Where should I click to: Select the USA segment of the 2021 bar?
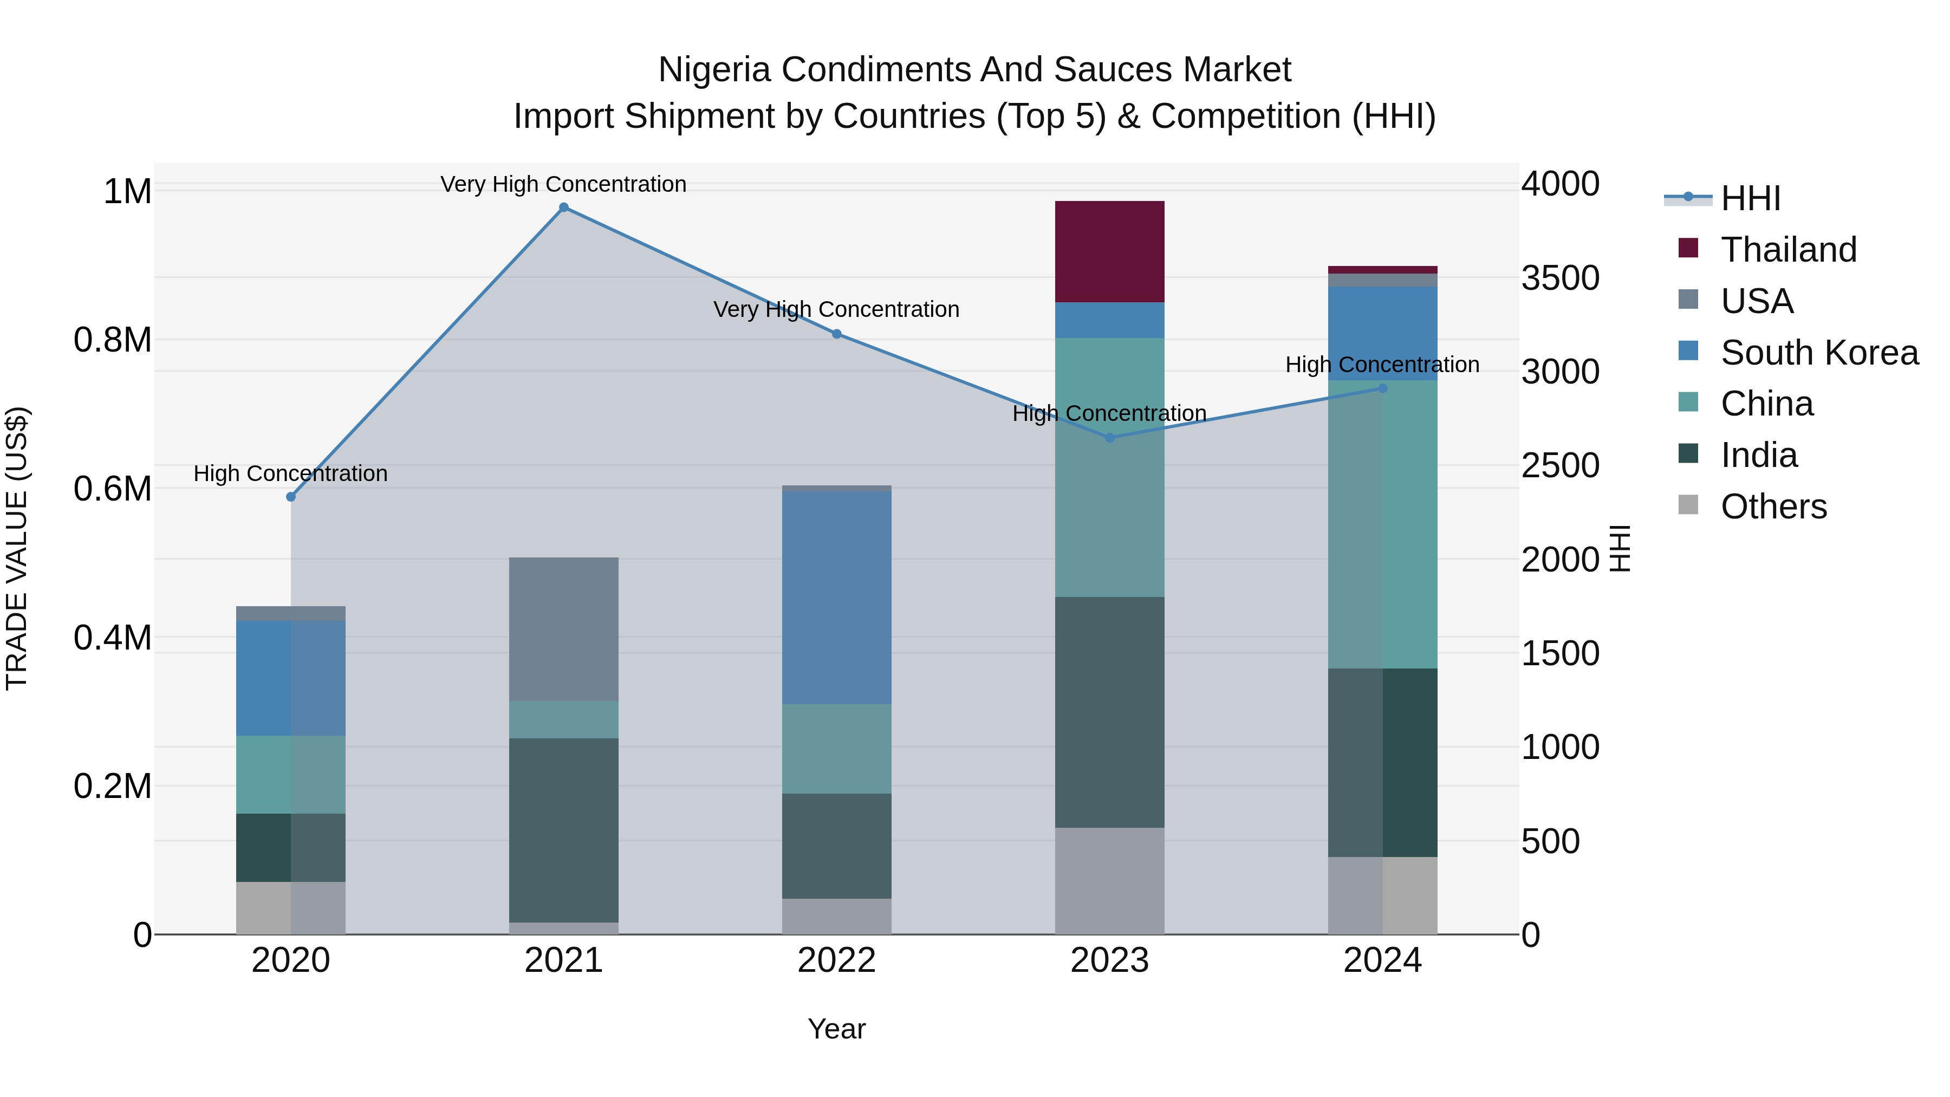click(563, 628)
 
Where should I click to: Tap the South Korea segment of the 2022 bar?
click(836, 598)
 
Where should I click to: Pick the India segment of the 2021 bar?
click(563, 830)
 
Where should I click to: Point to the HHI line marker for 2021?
click(563, 207)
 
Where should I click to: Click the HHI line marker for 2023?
click(1110, 438)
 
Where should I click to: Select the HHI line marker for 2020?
click(291, 497)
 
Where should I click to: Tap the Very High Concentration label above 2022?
click(836, 310)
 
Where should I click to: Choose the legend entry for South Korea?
click(1819, 353)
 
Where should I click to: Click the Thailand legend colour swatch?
click(1688, 248)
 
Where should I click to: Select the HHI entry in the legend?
click(1750, 198)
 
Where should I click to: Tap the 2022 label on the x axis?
click(836, 960)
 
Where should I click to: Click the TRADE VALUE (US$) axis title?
click(17, 548)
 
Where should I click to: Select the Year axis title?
click(836, 1029)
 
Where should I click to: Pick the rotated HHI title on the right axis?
click(1619, 548)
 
